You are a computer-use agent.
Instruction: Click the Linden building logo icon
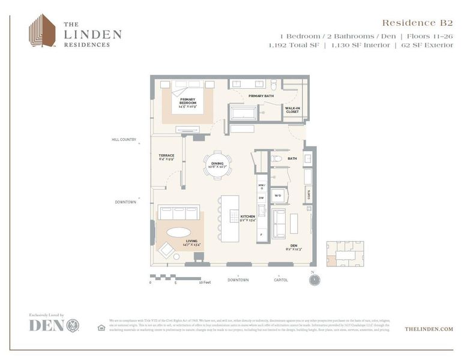tap(42, 31)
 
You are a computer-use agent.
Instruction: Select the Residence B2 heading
tap(417, 23)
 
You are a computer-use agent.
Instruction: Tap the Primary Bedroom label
tap(187, 101)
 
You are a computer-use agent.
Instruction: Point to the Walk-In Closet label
tap(292, 109)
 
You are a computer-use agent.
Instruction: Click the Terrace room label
tap(166, 158)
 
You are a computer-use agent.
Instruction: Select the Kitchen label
tap(248, 218)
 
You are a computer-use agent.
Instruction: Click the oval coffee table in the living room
tap(179, 232)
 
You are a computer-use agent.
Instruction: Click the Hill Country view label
tap(124, 140)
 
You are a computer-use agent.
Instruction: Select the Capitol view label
tap(280, 280)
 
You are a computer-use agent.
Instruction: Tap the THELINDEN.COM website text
tap(429, 329)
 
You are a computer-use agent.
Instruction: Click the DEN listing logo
tap(54, 325)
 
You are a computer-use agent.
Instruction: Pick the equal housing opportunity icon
tap(101, 328)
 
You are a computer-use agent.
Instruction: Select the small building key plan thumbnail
tap(344, 254)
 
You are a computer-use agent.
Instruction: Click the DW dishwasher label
tap(261, 198)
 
